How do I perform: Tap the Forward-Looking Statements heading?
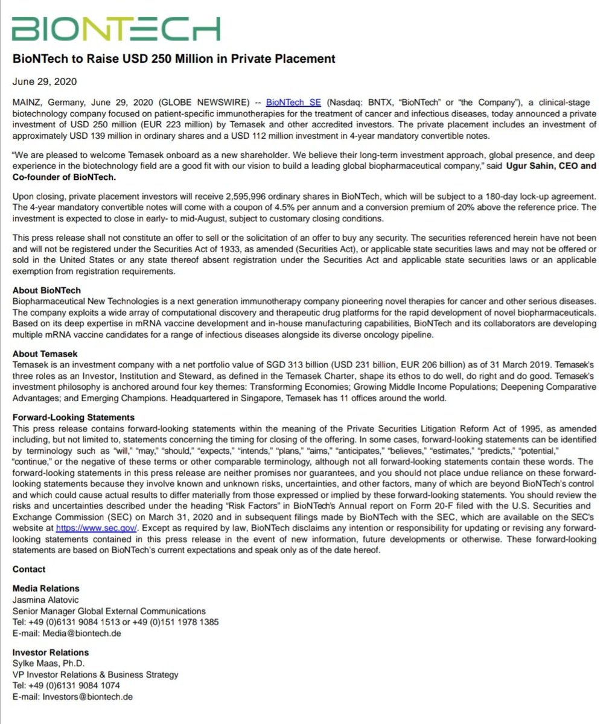coord(74,417)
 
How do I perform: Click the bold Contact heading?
coord(29,569)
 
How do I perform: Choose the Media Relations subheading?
coord(46,588)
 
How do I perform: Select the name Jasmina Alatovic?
coord(45,599)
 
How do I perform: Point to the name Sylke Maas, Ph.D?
coord(49,664)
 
